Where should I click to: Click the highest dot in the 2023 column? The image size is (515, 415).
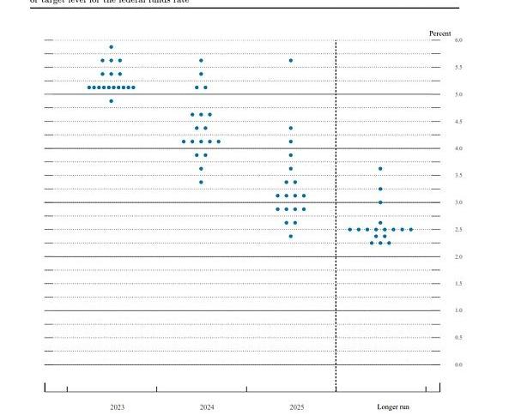point(112,46)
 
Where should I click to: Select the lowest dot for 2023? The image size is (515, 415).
point(112,101)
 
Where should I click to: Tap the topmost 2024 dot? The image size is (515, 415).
point(201,60)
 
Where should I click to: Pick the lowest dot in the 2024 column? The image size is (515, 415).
point(201,182)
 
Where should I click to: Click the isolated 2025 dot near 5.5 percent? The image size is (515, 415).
point(291,60)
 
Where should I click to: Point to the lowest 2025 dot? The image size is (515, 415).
point(291,236)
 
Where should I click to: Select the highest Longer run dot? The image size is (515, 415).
point(380,168)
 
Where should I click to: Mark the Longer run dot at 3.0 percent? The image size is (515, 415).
point(380,202)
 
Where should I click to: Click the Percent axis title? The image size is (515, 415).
point(439,33)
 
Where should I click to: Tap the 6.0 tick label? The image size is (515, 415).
point(458,40)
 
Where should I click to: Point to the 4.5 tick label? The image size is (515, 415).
point(458,122)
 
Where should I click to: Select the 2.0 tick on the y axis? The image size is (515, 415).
point(458,256)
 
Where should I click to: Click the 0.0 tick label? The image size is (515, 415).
point(458,364)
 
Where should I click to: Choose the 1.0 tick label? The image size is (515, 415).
point(458,310)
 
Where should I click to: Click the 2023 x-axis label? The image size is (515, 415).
point(117,406)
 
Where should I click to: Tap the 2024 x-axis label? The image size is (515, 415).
point(206,406)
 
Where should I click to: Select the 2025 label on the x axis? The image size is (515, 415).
point(296,406)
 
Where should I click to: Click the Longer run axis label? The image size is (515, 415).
point(393,406)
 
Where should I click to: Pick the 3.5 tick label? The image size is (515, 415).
point(458,176)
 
